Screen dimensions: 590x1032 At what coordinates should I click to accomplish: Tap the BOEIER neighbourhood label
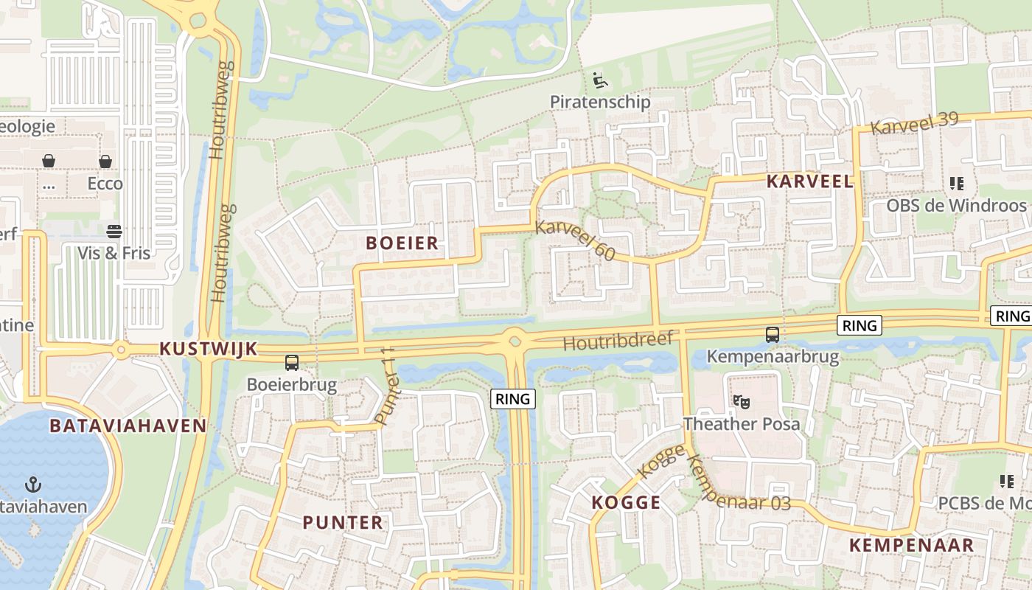point(402,243)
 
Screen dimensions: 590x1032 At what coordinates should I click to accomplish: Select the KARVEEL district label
point(809,181)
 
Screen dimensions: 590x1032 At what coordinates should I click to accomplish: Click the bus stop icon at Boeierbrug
point(292,362)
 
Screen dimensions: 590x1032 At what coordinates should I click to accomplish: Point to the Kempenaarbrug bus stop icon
point(772,335)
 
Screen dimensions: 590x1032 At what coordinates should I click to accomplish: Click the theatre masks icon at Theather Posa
point(741,402)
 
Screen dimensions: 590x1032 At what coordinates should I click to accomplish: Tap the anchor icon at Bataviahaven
point(32,485)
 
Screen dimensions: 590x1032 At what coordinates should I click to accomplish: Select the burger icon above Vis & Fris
point(114,232)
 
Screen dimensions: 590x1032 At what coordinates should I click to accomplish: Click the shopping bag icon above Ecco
point(105,161)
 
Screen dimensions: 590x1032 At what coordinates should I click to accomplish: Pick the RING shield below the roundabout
point(512,399)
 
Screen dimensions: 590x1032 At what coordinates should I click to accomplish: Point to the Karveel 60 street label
point(575,240)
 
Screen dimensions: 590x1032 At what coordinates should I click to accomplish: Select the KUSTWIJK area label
point(209,349)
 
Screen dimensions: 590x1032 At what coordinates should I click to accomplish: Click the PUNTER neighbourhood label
point(343,522)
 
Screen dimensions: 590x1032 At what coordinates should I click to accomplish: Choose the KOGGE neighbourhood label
point(626,502)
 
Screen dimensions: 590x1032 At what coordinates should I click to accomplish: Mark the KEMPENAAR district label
point(911,545)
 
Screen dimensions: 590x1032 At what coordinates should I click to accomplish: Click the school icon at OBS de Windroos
point(956,183)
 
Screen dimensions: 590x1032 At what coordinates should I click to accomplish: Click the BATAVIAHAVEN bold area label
point(128,426)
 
